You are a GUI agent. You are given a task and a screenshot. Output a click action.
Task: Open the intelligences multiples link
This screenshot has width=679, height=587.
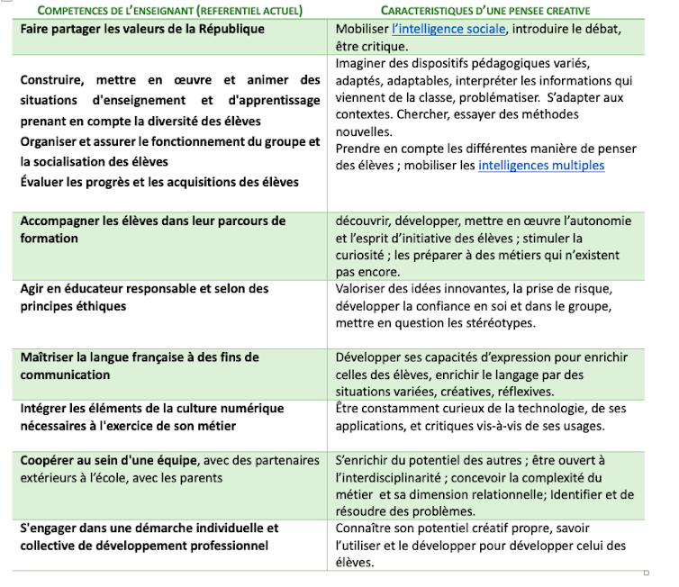541,166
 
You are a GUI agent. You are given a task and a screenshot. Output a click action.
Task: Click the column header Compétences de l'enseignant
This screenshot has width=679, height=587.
158,11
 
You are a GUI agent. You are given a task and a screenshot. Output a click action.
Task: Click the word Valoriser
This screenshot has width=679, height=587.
362,289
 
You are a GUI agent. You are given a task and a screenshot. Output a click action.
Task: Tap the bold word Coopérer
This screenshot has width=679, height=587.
50,460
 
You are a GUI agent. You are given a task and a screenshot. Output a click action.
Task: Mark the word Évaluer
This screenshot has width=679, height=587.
44,182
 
